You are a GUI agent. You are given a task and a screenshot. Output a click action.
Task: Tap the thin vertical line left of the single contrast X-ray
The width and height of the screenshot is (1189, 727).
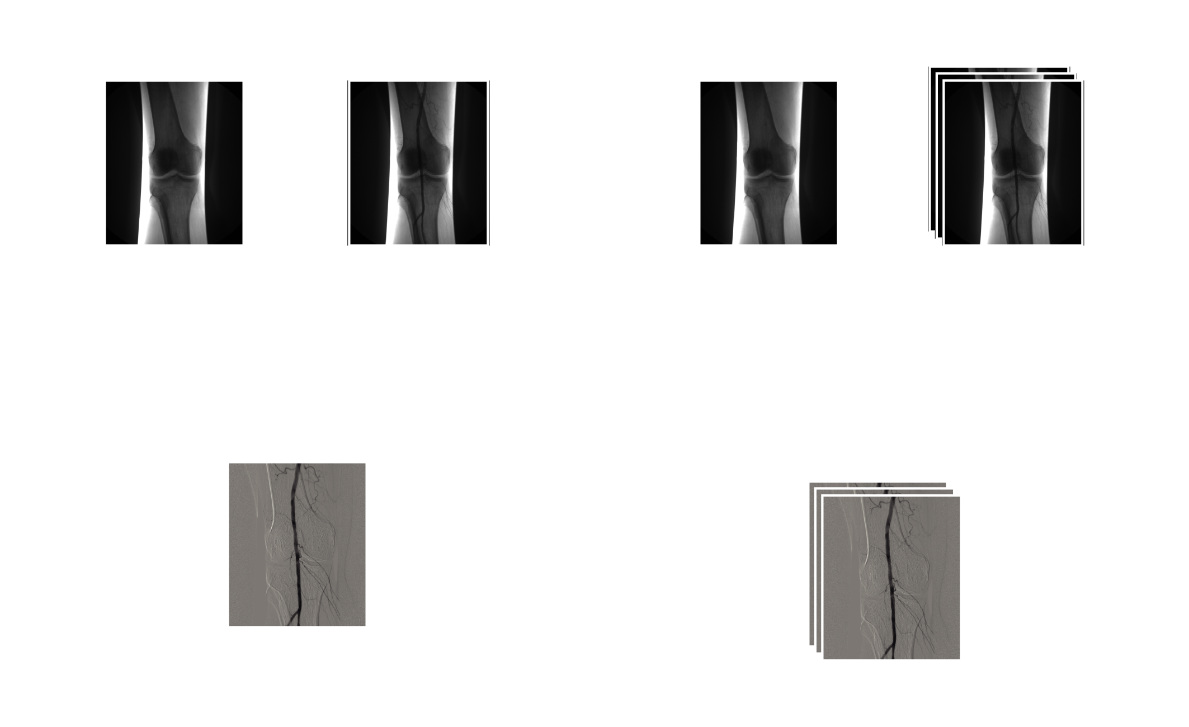click(x=348, y=163)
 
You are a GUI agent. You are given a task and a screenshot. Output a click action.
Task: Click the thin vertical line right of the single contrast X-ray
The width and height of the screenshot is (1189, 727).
click(x=489, y=163)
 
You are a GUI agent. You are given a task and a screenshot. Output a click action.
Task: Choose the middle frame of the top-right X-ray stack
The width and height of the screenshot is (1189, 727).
click(x=1007, y=77)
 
